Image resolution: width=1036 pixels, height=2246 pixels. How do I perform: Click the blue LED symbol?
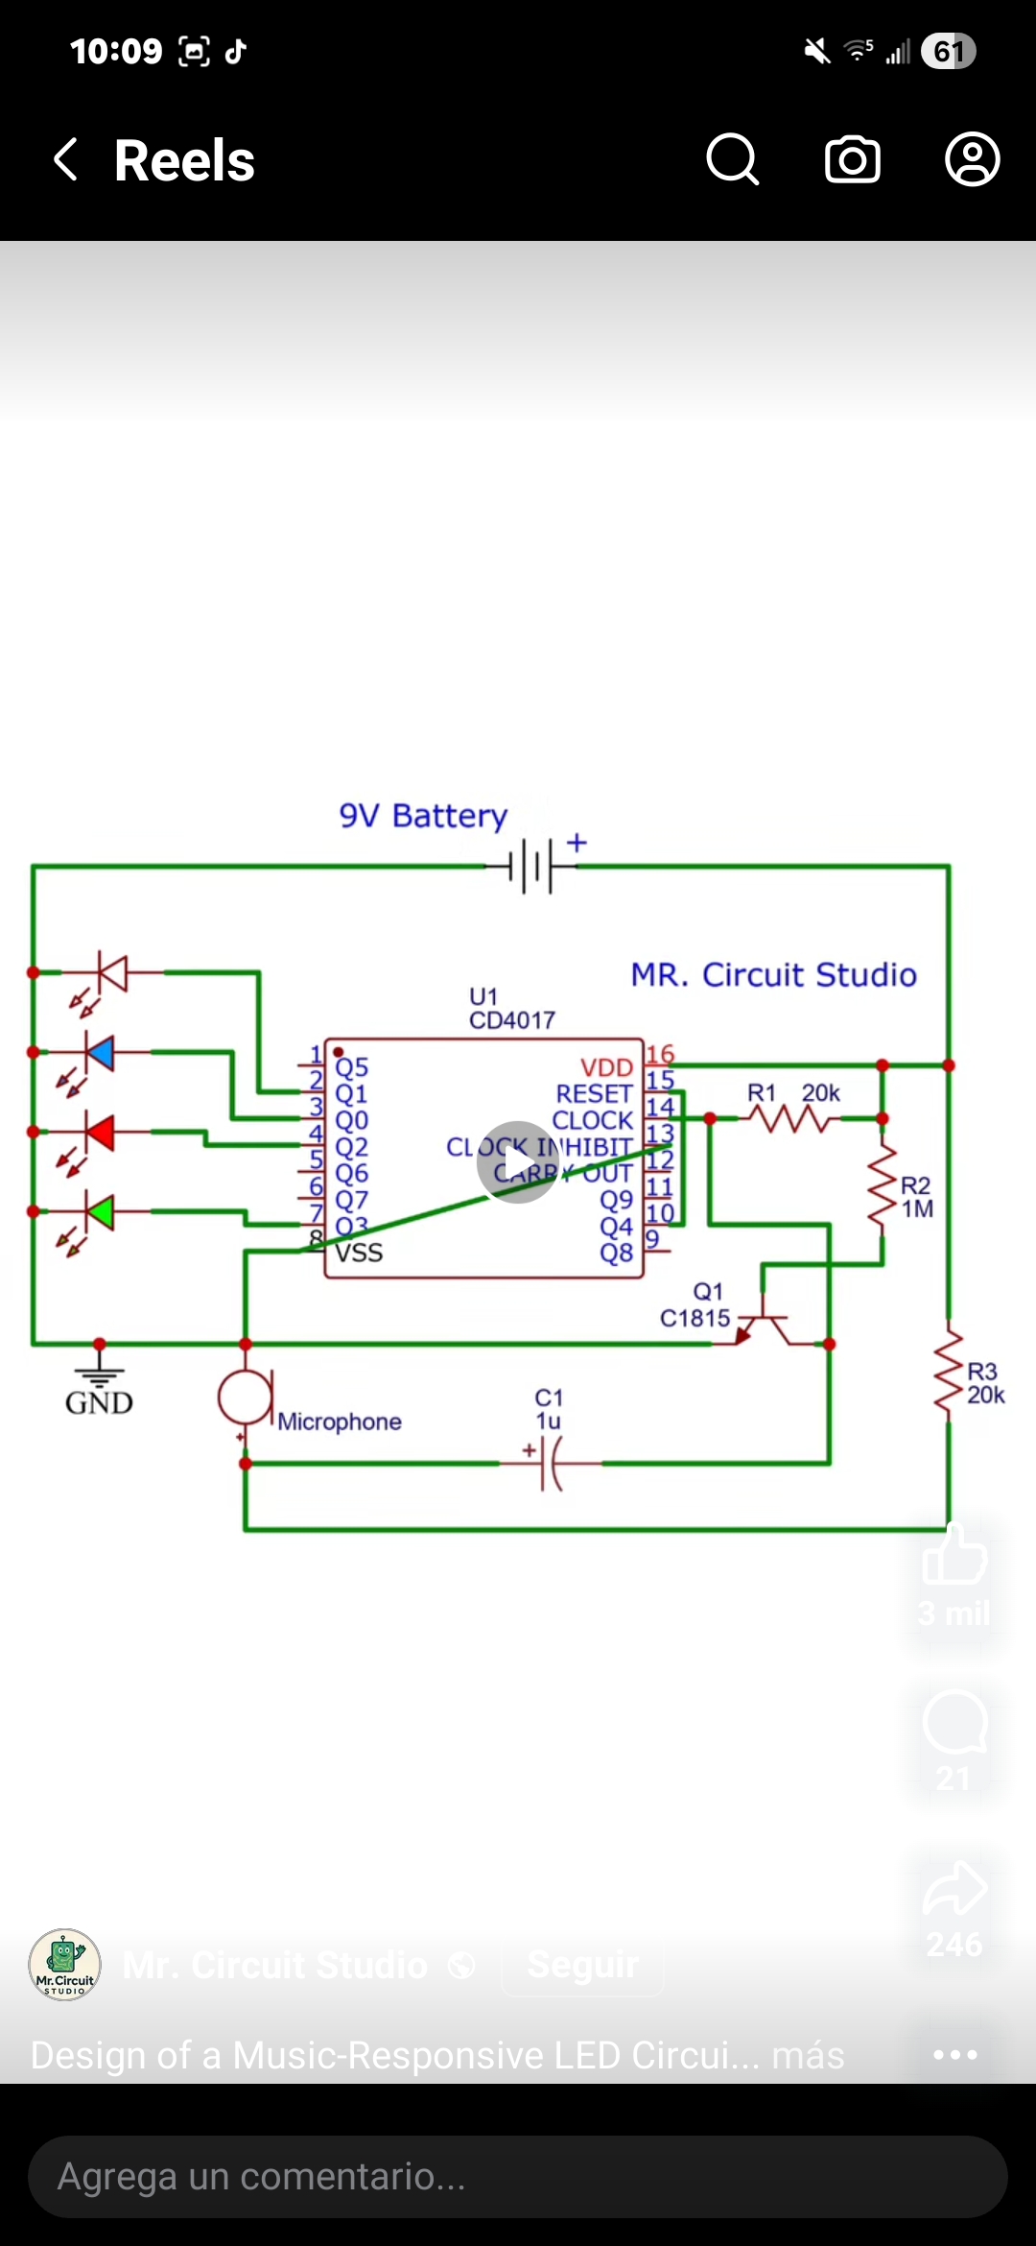click(100, 1053)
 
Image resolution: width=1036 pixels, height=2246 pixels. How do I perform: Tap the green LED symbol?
click(100, 1211)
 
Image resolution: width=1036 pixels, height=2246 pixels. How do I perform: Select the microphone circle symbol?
click(245, 1397)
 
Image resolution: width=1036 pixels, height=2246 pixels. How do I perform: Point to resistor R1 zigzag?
click(792, 1118)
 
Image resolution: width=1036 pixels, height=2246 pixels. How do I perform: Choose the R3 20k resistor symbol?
click(949, 1370)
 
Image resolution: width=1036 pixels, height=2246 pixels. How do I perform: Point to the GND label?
click(99, 1403)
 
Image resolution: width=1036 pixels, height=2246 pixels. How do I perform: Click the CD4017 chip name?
click(511, 1020)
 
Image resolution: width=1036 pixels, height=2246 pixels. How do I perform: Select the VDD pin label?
click(606, 1067)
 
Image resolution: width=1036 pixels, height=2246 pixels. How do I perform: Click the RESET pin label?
click(594, 1094)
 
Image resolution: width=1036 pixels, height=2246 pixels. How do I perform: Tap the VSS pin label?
click(360, 1253)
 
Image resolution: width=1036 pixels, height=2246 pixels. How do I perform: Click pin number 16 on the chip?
click(660, 1054)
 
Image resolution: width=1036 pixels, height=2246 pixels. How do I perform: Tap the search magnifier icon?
click(733, 159)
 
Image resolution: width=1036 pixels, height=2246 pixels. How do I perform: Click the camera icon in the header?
click(853, 159)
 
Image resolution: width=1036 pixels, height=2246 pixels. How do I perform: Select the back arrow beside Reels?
click(65, 159)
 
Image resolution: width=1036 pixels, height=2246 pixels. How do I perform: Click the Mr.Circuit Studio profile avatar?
click(64, 1964)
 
